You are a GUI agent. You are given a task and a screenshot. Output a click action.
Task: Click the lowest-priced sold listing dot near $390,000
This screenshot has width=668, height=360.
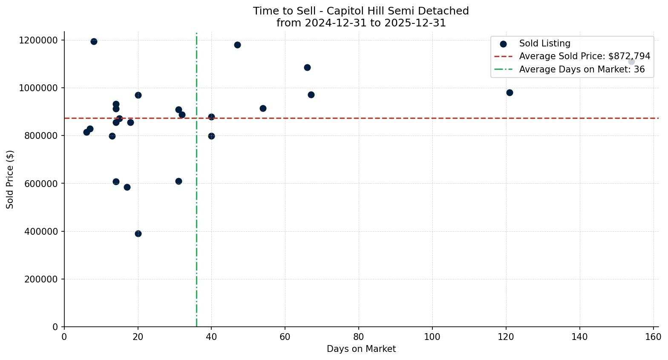[138, 233]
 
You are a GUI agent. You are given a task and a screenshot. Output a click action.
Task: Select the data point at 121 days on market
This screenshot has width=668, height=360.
[510, 92]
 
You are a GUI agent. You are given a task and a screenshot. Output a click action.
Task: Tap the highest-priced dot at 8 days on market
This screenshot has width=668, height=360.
[94, 41]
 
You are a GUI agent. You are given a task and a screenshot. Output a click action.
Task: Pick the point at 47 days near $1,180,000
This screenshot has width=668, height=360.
[237, 45]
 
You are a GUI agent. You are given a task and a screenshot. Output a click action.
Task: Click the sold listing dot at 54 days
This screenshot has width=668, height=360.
[263, 108]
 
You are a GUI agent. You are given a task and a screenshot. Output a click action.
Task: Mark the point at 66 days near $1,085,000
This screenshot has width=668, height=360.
[307, 67]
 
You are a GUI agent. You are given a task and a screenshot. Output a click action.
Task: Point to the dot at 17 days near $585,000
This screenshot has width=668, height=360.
[127, 187]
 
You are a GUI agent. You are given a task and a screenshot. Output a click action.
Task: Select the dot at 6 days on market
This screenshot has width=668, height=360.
[86, 132]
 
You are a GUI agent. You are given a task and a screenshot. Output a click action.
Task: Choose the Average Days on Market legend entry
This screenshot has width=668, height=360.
[582, 69]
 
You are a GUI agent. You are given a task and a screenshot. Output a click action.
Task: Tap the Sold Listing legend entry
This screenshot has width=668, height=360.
[544, 43]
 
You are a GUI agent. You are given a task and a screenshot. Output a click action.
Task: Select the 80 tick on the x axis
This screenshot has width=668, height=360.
[359, 337]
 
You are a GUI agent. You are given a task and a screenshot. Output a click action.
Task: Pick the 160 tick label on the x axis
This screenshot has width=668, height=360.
[653, 337]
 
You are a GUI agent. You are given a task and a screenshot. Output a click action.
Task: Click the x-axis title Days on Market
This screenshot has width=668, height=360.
[361, 349]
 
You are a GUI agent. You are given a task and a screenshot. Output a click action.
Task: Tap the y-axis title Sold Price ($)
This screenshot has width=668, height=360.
[10, 179]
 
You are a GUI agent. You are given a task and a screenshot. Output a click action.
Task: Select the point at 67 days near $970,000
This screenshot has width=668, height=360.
[311, 95]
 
